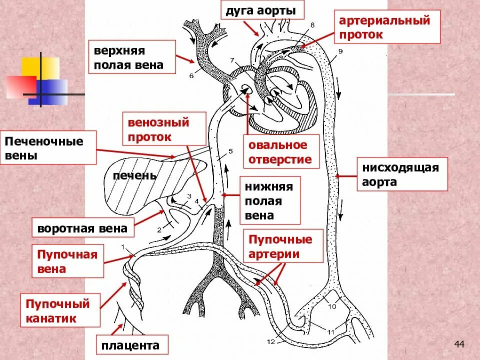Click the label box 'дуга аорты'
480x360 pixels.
258,11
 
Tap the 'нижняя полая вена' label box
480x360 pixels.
270,200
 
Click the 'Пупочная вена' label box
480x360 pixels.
68,261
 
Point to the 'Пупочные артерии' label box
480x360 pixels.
283,246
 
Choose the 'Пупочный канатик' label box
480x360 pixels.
61,310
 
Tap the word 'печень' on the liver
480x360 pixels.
134,176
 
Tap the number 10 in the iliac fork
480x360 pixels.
332,307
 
